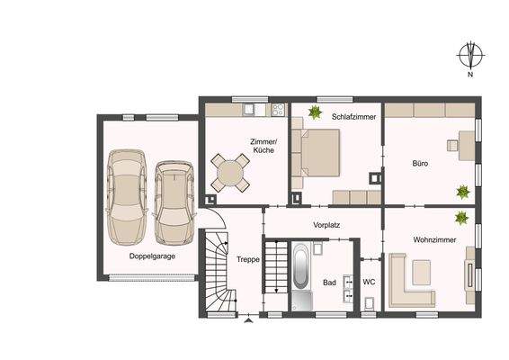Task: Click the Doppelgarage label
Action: [151, 256]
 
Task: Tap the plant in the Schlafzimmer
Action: [316, 112]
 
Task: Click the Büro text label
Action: [420, 165]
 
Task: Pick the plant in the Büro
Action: [462, 192]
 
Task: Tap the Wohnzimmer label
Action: [434, 241]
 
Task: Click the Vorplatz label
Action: [326, 225]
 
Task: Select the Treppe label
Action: [248, 259]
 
